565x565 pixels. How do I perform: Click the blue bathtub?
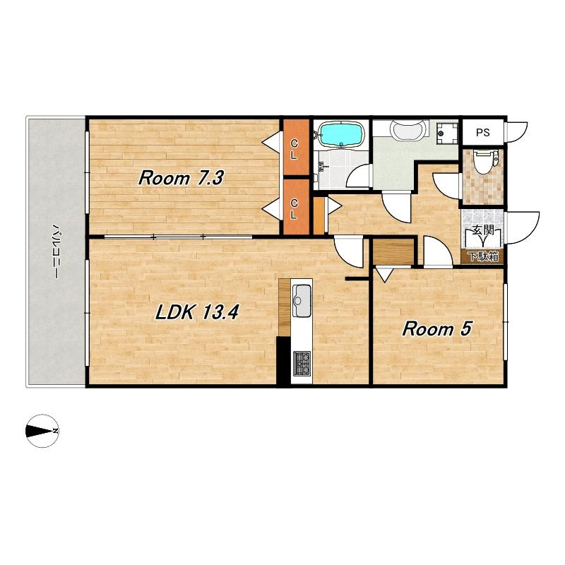click(x=340, y=134)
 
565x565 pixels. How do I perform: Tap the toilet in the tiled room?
click(x=485, y=162)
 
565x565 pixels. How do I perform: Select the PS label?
click(x=483, y=132)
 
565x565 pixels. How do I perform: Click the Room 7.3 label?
click(x=182, y=179)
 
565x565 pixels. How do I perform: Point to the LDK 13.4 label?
click(x=197, y=312)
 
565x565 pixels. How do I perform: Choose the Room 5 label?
click(x=436, y=329)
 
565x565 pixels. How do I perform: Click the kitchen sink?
click(x=302, y=301)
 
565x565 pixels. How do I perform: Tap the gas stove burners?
click(x=302, y=363)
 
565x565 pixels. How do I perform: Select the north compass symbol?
click(x=42, y=431)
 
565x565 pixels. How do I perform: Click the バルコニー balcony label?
click(x=56, y=251)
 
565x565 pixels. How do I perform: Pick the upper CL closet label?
click(x=295, y=150)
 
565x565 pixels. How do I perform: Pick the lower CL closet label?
click(x=295, y=209)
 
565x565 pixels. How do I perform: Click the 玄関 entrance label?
click(x=483, y=230)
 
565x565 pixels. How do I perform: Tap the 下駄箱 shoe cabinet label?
click(x=483, y=256)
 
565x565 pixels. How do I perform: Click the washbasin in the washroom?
click(x=409, y=131)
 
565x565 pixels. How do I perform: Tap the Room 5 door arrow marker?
click(x=383, y=275)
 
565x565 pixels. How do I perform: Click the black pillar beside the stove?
click(x=283, y=361)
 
